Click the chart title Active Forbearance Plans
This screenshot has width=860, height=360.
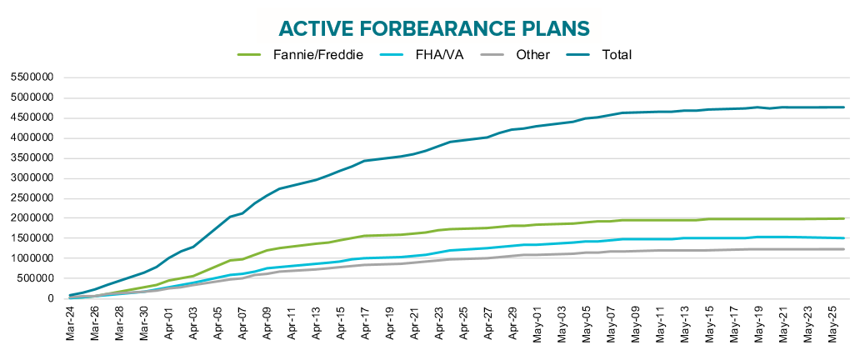coord(434,28)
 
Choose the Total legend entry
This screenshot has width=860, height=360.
coord(616,55)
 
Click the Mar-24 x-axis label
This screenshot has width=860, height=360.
coord(72,326)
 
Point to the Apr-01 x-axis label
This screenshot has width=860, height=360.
coord(170,326)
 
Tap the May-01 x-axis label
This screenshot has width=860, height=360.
coord(537,326)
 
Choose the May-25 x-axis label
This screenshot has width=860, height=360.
coord(832,326)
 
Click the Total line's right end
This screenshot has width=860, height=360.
coord(844,107)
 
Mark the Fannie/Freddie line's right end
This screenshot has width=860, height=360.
coord(844,218)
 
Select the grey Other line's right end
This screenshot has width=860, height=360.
coord(844,249)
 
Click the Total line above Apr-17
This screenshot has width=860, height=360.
coord(365,161)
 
